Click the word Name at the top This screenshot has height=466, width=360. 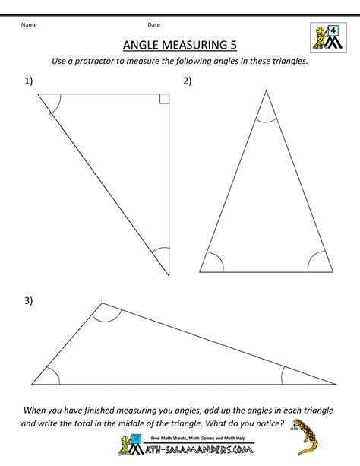tap(28, 25)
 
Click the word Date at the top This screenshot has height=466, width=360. tap(153, 25)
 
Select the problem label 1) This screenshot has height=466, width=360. tap(28, 80)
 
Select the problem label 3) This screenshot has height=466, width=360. tap(28, 302)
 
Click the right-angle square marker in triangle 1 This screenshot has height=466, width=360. tap(164, 97)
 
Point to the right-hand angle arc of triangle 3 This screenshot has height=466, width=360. tap(286, 374)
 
